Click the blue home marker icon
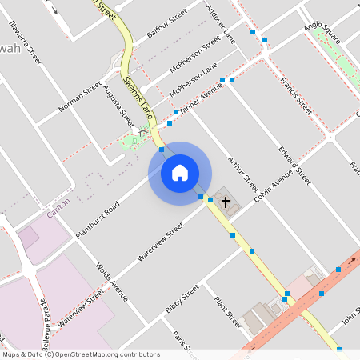coord(180,173)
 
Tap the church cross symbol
coord(225,202)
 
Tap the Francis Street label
coord(295,95)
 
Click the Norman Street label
coord(80,97)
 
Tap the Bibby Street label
coord(182,300)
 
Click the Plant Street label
coord(227,314)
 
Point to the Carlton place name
coord(59,205)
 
